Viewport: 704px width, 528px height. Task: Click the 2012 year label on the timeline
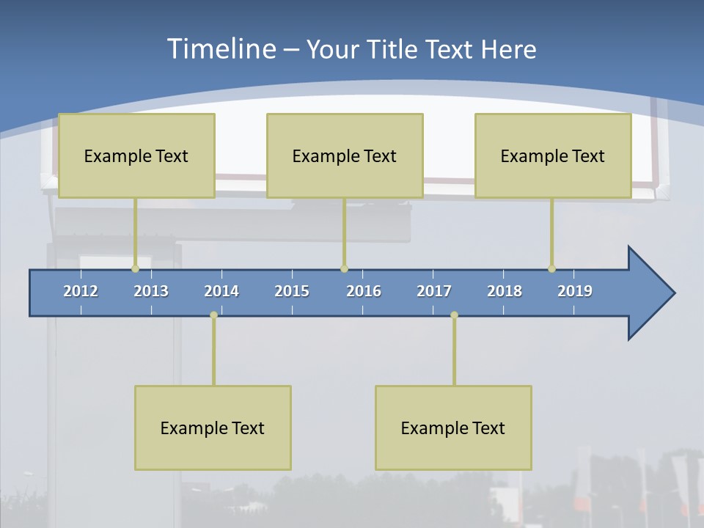tap(81, 291)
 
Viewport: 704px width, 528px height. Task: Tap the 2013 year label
tap(151, 291)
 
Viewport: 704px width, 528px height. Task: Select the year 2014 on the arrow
tap(221, 291)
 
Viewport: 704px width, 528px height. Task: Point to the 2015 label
tap(292, 291)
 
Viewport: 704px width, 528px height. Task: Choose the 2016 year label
tap(364, 291)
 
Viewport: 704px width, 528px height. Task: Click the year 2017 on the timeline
tap(434, 291)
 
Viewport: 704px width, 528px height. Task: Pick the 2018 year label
tap(505, 291)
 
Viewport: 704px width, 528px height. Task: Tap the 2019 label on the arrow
tap(575, 291)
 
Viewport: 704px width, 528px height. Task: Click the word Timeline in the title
tap(221, 49)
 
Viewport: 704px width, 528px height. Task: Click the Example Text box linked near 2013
tap(136, 155)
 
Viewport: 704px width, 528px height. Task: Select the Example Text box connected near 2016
tap(345, 155)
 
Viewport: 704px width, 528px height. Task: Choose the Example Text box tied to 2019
tap(553, 155)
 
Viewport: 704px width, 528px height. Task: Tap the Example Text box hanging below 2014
tap(213, 428)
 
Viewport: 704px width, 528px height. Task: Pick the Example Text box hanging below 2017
tap(453, 428)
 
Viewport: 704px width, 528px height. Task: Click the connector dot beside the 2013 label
tap(135, 268)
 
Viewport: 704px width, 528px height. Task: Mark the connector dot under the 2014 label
tap(213, 315)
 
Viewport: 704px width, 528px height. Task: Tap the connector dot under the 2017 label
tap(454, 315)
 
